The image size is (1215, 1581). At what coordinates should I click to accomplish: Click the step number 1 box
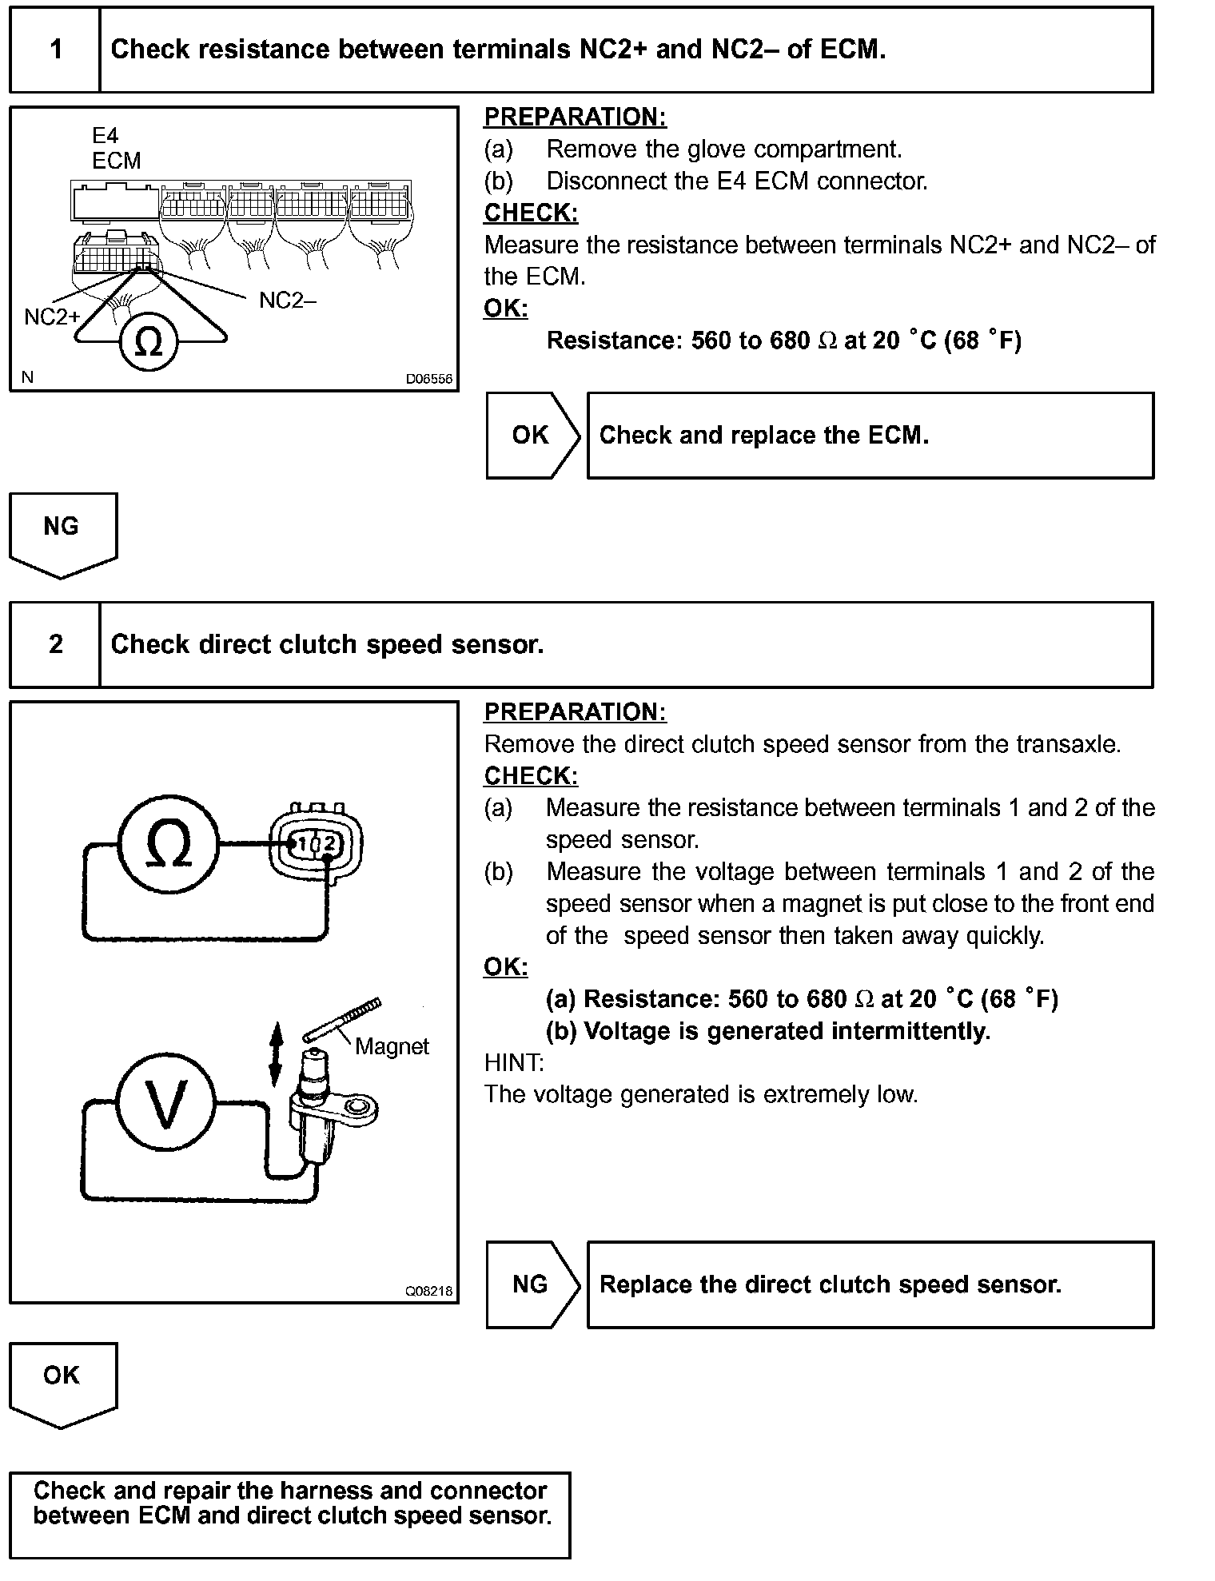pyautogui.click(x=55, y=50)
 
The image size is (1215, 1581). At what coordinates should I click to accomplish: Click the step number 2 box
pyautogui.click(x=55, y=644)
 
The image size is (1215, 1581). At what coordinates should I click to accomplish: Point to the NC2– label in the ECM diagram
pyautogui.click(x=288, y=301)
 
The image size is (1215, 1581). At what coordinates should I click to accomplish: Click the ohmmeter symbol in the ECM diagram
pyautogui.click(x=149, y=342)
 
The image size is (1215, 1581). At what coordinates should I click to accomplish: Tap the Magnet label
pyautogui.click(x=392, y=1046)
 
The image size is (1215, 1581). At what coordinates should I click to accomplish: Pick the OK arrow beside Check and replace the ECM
pyautogui.click(x=532, y=436)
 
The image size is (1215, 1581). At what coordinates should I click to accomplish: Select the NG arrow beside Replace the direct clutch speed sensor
pyautogui.click(x=532, y=1284)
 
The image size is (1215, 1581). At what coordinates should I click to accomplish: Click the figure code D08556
pyautogui.click(x=429, y=380)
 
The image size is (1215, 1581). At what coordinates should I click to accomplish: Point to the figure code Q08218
pyautogui.click(x=429, y=1291)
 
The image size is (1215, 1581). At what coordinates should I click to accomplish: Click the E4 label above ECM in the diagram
pyautogui.click(x=105, y=136)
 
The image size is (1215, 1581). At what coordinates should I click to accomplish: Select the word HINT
pyautogui.click(x=513, y=1063)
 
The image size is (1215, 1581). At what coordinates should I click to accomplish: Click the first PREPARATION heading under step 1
pyautogui.click(x=575, y=117)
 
